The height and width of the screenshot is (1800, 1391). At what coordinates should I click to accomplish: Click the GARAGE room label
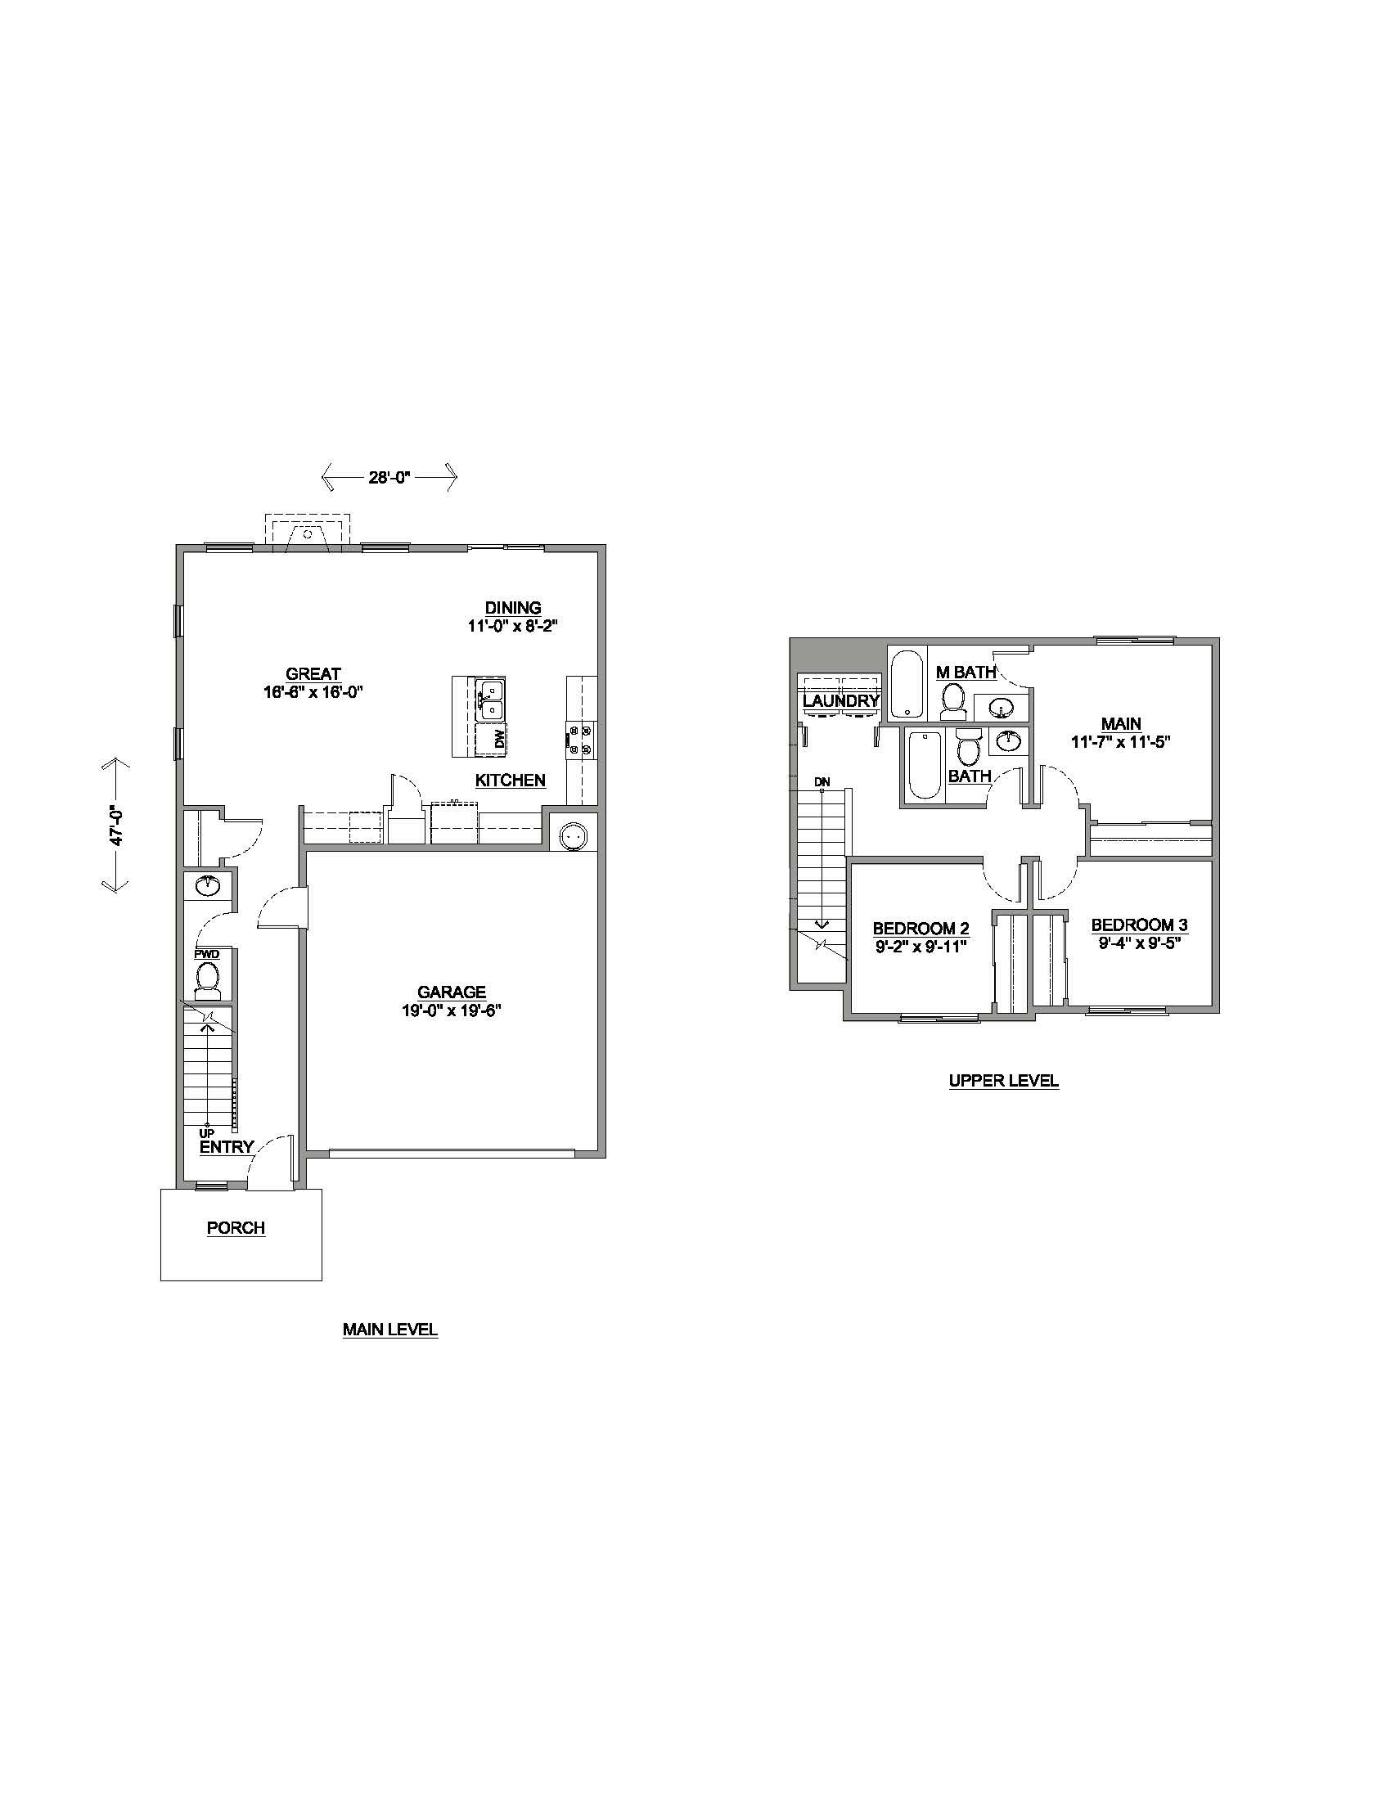tap(451, 992)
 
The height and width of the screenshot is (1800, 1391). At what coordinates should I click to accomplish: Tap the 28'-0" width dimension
tap(389, 477)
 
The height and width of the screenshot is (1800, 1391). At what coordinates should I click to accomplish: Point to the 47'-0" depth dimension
tap(117, 824)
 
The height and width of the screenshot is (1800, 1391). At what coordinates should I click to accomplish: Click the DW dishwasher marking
tap(499, 740)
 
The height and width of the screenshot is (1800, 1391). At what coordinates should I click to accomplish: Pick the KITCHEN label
tap(510, 780)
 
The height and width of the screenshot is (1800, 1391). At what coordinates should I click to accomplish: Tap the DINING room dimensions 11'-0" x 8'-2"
tap(512, 626)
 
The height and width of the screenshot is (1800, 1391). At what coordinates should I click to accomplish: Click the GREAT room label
tap(313, 674)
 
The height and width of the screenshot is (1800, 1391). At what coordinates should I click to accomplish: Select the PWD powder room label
tap(207, 954)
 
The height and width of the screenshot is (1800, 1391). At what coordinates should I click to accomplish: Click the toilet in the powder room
tap(207, 981)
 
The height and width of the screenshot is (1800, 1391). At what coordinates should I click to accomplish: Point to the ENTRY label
tap(227, 1146)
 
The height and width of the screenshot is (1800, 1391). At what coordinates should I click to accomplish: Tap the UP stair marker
tap(206, 1133)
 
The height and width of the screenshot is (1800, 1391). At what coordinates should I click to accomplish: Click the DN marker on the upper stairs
tap(822, 781)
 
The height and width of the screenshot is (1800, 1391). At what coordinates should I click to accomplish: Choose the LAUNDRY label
tap(840, 701)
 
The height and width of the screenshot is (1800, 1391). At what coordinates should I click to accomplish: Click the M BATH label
tap(966, 673)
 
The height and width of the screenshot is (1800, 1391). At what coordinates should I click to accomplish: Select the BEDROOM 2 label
tap(921, 929)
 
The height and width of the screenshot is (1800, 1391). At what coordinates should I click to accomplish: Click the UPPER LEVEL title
tap(1003, 1081)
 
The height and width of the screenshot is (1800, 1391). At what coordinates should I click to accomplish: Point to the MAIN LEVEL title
tap(389, 1330)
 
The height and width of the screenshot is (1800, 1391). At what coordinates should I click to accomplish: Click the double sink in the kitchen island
tap(492, 698)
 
